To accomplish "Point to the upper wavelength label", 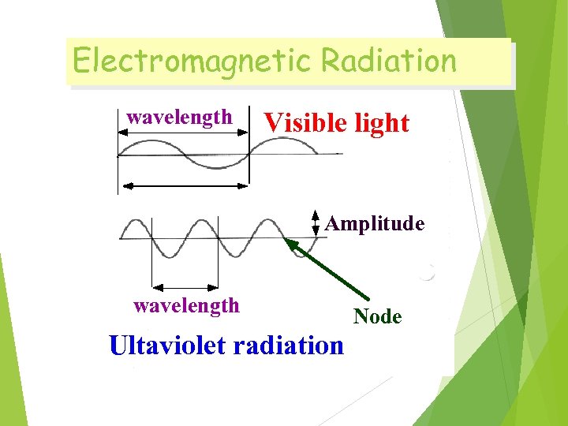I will pos(180,118).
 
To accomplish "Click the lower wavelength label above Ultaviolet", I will pos(186,305).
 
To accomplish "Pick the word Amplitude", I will pos(375,224).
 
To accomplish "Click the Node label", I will pos(378,317).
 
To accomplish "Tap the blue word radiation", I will pos(288,346).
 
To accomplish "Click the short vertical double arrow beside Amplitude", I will pos(315,223).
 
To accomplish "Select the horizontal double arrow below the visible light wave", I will pos(183,185).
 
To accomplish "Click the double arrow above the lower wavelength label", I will pos(185,286).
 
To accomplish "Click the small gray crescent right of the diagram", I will pos(428,274).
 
